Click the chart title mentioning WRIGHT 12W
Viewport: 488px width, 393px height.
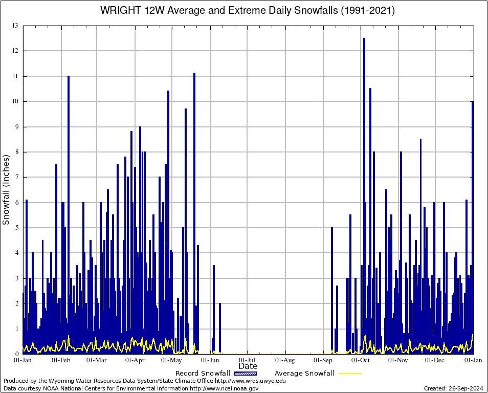[x=248, y=10]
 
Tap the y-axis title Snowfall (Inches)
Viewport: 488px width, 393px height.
[x=7, y=189]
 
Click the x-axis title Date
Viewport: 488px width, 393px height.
[x=248, y=366]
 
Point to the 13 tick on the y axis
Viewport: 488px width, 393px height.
[x=15, y=26]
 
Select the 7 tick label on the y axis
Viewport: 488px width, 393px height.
[x=16, y=177]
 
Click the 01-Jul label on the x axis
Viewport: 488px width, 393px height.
[x=248, y=360]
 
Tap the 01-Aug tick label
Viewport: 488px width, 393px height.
[x=285, y=360]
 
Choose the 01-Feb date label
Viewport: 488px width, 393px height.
[x=61, y=360]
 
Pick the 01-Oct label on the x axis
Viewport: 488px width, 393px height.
[x=361, y=360]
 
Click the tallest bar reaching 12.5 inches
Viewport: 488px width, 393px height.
[x=364, y=194]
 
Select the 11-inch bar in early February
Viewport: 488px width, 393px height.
[x=69, y=215]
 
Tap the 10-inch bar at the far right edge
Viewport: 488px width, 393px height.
[x=472, y=225]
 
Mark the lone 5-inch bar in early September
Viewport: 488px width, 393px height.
[x=332, y=289]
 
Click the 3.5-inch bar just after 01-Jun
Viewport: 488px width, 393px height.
[x=214, y=310]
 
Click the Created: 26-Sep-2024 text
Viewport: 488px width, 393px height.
[x=454, y=388]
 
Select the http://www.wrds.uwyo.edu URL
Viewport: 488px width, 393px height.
[x=250, y=381]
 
